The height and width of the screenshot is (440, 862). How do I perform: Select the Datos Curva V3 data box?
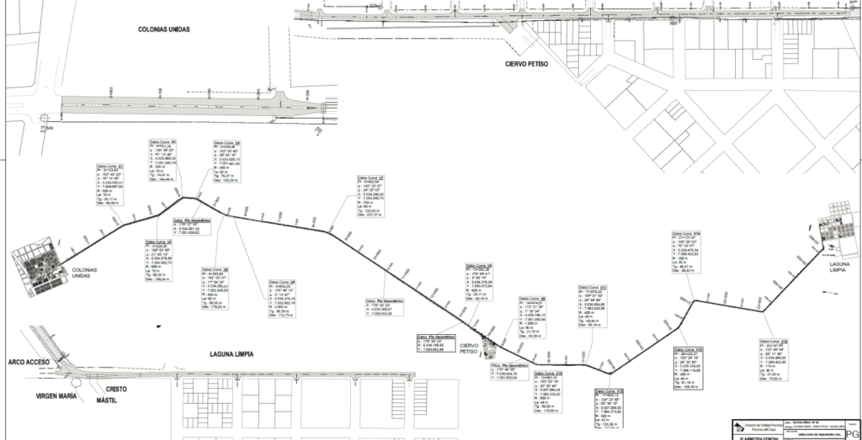pos(163,161)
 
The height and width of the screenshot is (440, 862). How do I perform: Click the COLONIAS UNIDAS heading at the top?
pos(164,29)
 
